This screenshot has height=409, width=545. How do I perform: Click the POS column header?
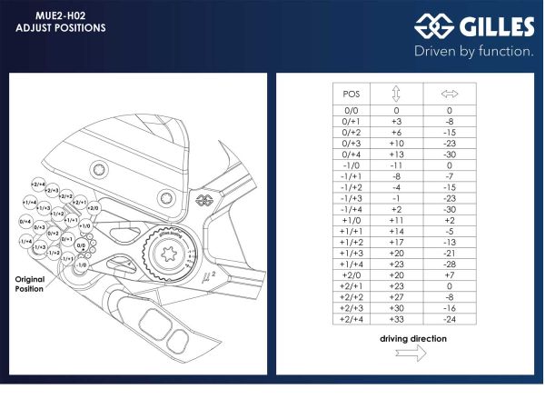click(x=352, y=93)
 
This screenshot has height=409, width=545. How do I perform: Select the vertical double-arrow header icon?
click(x=397, y=93)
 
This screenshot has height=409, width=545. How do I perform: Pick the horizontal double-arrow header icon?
click(x=449, y=93)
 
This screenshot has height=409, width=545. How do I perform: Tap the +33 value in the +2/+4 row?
click(x=397, y=319)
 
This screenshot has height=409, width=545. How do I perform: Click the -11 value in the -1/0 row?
click(x=397, y=165)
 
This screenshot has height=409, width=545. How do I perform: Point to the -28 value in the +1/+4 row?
click(x=449, y=264)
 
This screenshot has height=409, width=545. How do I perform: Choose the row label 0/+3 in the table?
click(x=352, y=143)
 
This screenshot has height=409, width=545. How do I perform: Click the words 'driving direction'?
click(x=413, y=338)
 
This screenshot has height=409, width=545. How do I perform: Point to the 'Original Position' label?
click(x=29, y=283)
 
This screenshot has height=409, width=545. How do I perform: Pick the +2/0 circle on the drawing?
click(x=92, y=208)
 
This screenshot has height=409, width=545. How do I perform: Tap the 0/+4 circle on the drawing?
click(x=25, y=221)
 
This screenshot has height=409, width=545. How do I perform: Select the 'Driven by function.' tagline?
click(x=473, y=52)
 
